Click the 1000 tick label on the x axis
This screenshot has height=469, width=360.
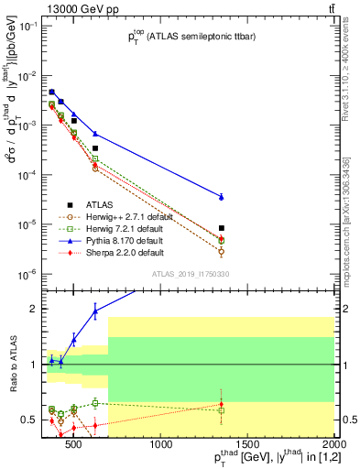[x=161, y=446]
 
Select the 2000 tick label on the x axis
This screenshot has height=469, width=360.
[x=333, y=446]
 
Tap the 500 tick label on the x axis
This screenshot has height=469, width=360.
[x=75, y=446]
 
